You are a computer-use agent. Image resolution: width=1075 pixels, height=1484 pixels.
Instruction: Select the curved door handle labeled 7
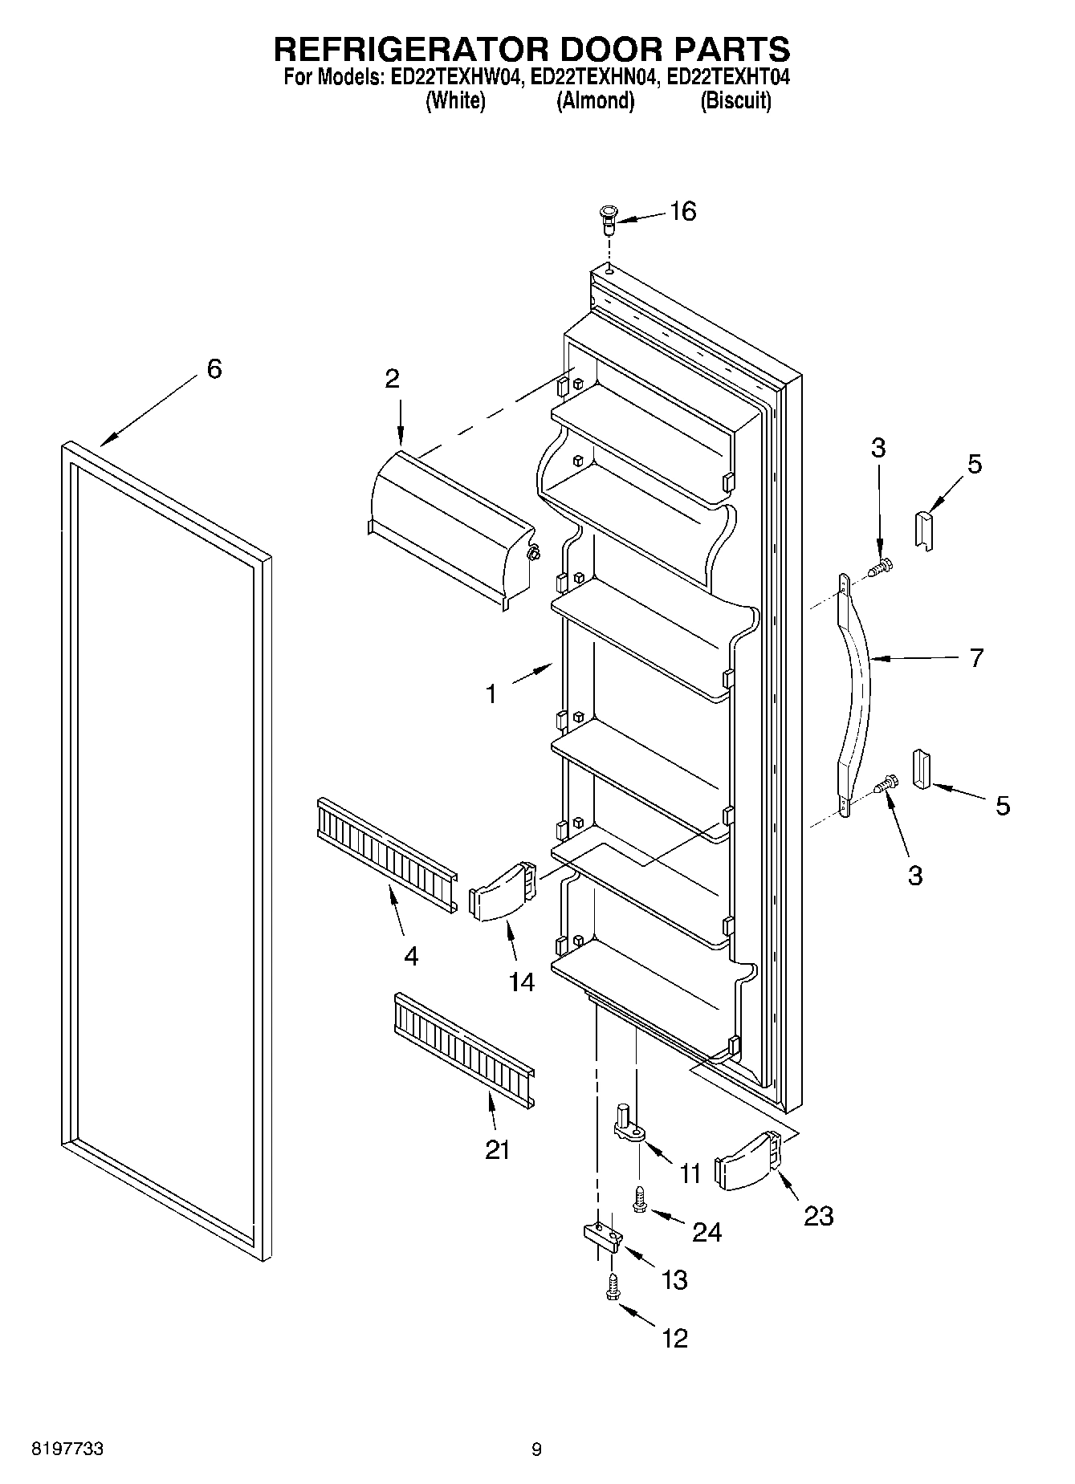click(856, 694)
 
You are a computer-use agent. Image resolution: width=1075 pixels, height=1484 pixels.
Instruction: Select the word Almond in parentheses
click(596, 101)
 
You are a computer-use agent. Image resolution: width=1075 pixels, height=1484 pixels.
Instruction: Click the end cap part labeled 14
click(503, 892)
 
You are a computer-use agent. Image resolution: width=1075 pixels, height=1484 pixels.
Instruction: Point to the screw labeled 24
click(640, 1200)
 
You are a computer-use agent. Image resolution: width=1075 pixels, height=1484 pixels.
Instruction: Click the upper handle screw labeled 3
click(883, 567)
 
